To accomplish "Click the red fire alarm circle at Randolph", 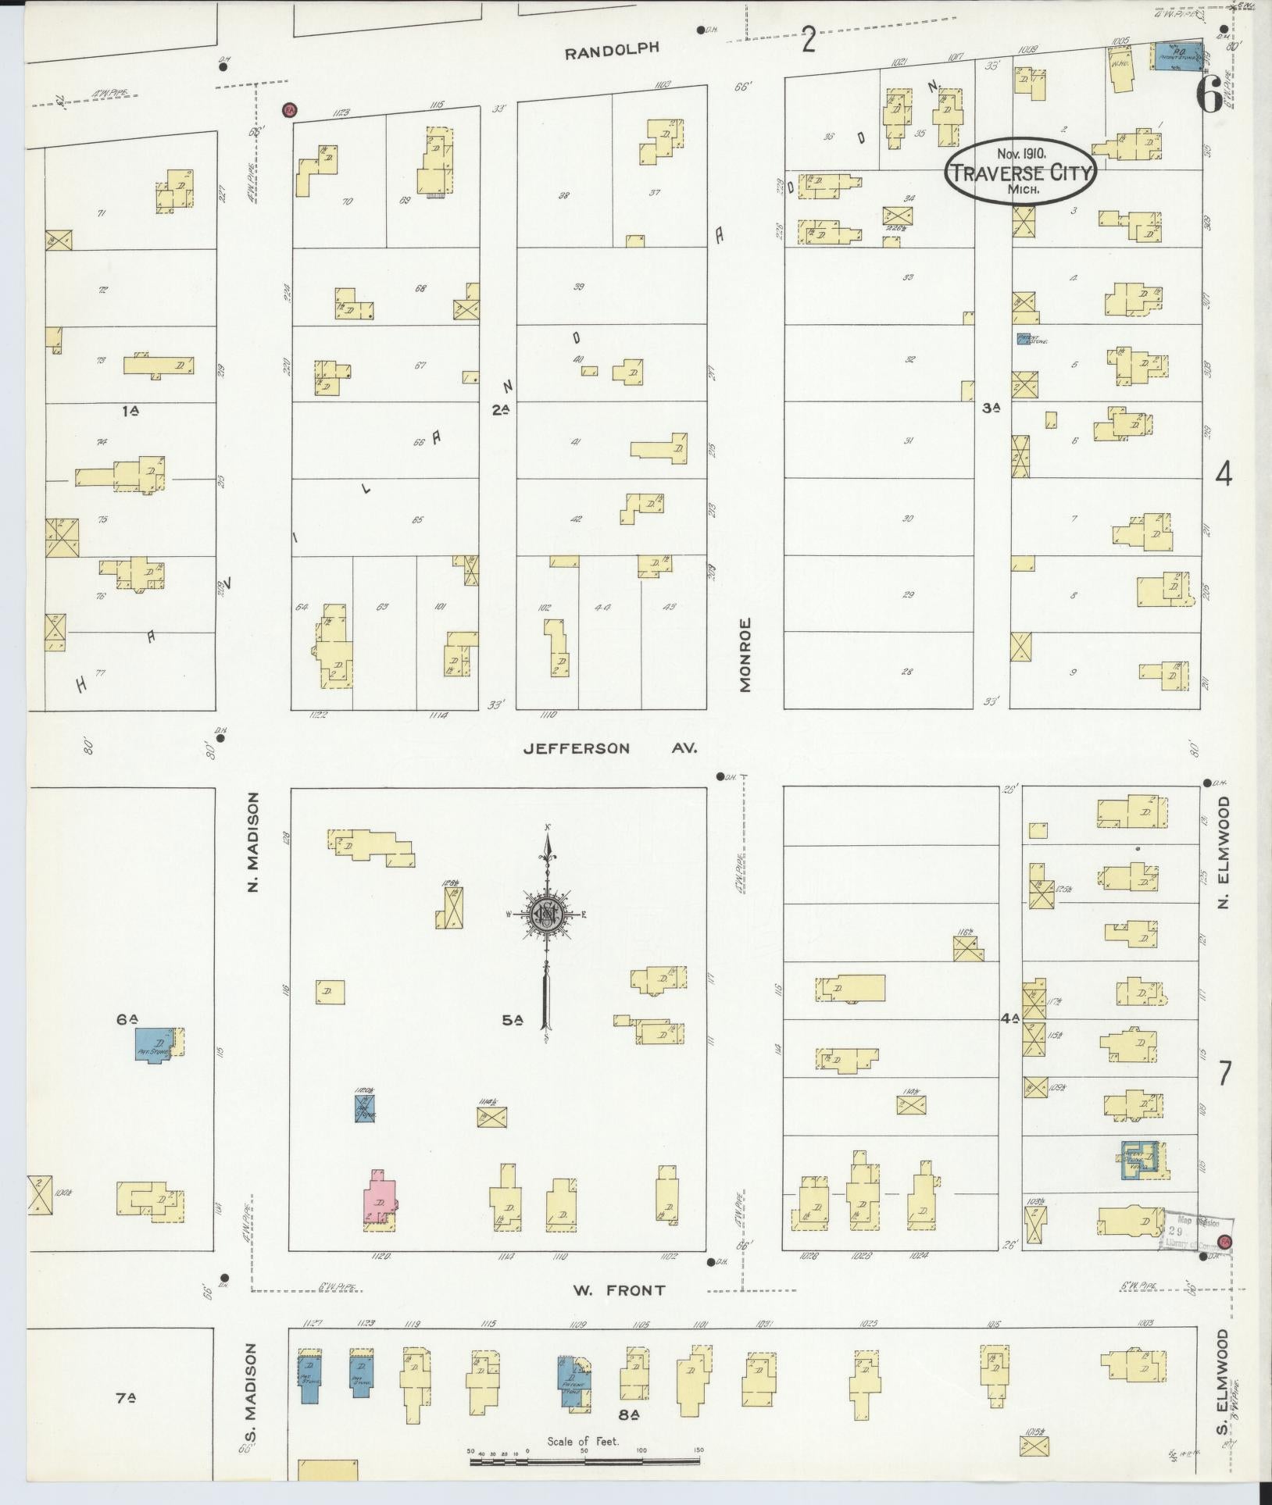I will (289, 109).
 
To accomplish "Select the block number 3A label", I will (991, 407).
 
